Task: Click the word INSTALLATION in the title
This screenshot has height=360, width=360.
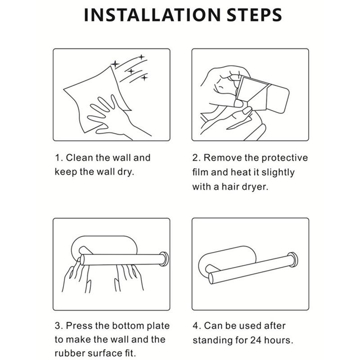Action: tap(152, 15)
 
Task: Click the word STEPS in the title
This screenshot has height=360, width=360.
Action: tap(254, 15)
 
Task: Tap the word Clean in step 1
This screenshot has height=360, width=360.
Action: tap(79, 158)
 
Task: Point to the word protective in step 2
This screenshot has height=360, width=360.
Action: tap(284, 158)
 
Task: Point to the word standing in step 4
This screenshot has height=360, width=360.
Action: tap(212, 341)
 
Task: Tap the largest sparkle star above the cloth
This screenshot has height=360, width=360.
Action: tap(115, 64)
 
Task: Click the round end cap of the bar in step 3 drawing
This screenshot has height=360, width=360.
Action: tap(164, 259)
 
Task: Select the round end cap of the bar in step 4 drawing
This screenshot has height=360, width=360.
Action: tap(293, 260)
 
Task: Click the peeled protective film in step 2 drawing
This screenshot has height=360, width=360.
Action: tap(250, 90)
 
